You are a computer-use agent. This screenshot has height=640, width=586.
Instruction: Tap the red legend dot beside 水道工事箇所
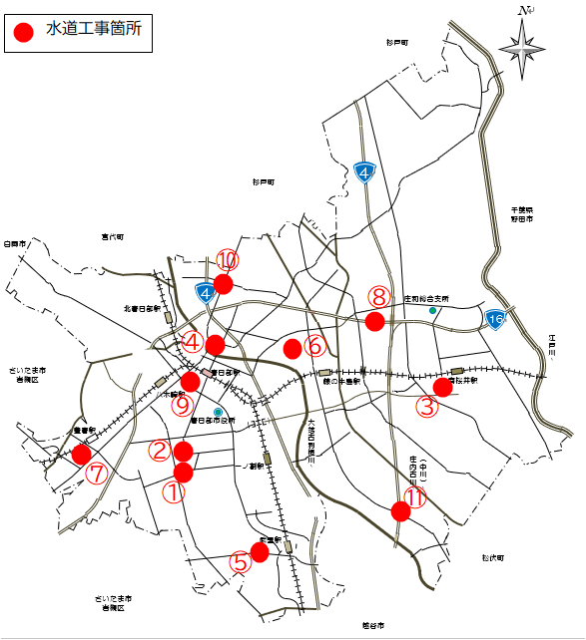coord(24,32)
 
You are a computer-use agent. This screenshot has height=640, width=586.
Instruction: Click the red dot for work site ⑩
coord(224,284)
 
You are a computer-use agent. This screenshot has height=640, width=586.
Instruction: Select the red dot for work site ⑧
coord(375,321)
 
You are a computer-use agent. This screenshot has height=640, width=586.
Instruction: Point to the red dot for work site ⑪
coord(401,511)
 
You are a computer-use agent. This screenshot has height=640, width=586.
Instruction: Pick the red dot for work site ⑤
coord(260,551)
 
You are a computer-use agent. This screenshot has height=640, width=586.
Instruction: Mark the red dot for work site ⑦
coord(82,454)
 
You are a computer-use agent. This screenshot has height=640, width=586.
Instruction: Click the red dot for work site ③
coord(442,387)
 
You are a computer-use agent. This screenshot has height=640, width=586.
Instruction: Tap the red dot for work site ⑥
coord(292,349)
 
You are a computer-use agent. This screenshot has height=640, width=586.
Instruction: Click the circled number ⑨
coord(181,405)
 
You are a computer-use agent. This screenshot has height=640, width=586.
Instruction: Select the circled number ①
coord(174,491)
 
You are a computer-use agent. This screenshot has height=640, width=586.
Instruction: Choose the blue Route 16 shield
coord(495,319)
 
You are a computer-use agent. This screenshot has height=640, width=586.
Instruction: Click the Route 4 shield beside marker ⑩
coord(206,293)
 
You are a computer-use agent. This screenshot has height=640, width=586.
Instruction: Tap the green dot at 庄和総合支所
coord(432,311)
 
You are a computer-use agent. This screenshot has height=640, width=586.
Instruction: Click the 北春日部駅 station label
coord(142,309)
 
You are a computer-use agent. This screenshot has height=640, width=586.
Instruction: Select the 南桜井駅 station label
coord(464,380)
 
